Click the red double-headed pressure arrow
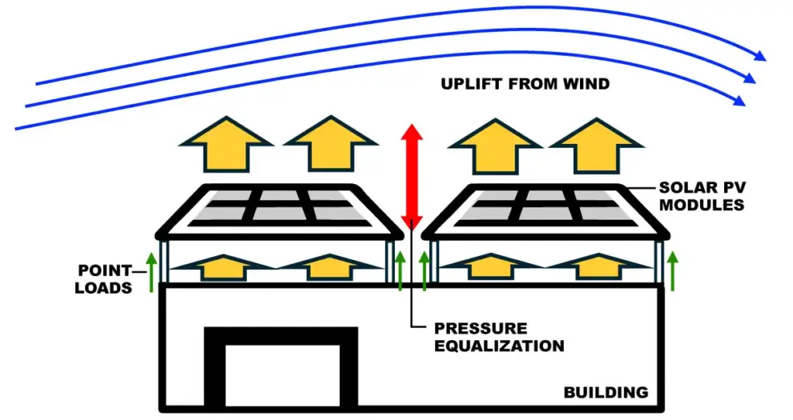(412, 177)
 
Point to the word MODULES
(702, 205)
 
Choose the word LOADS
(103, 288)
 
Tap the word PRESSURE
(480, 329)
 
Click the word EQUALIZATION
(499, 346)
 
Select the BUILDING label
(606, 392)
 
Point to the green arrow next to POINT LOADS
(151, 272)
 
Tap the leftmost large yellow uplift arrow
(226, 145)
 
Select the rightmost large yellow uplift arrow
(597, 146)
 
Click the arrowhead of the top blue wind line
(760, 56)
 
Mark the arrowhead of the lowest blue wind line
(739, 101)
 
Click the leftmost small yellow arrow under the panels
(224, 268)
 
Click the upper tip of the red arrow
(412, 124)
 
